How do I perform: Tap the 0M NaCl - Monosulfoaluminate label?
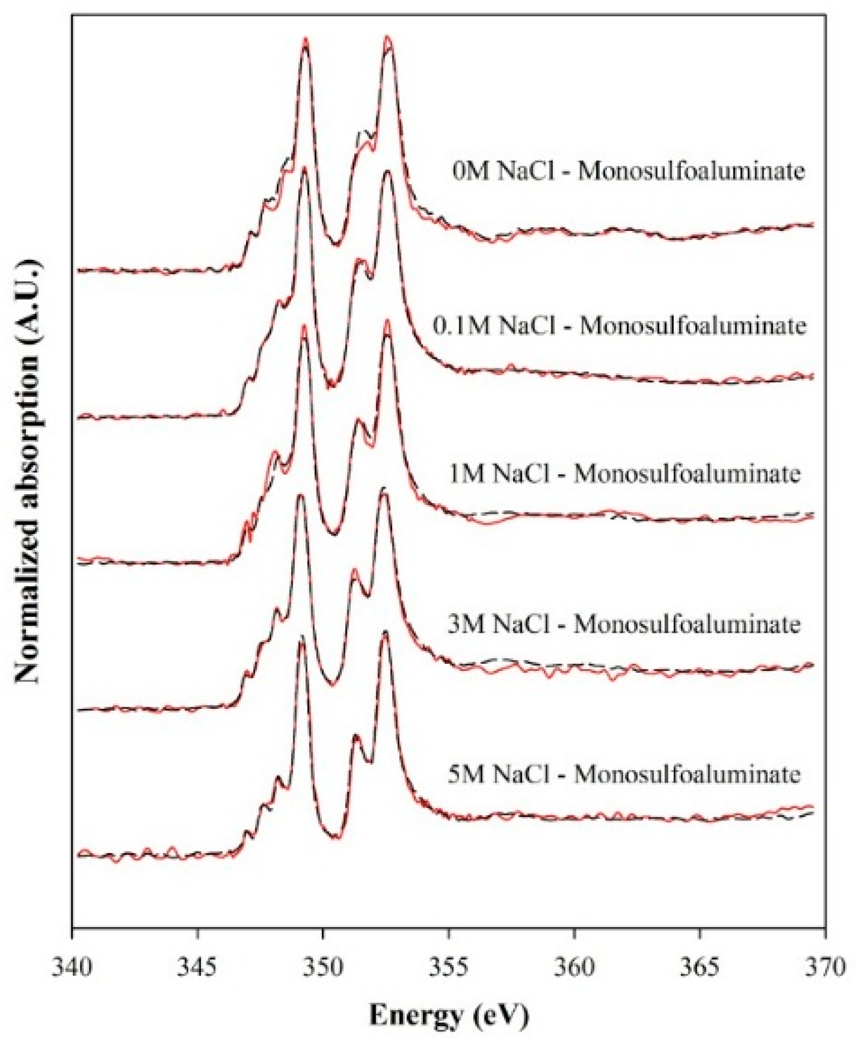[x=628, y=172]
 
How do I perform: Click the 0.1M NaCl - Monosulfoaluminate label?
[x=619, y=326]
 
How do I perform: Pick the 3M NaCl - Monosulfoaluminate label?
[x=624, y=624]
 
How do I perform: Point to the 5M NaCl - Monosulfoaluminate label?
[x=624, y=775]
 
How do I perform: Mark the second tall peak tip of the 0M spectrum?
[x=388, y=38]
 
